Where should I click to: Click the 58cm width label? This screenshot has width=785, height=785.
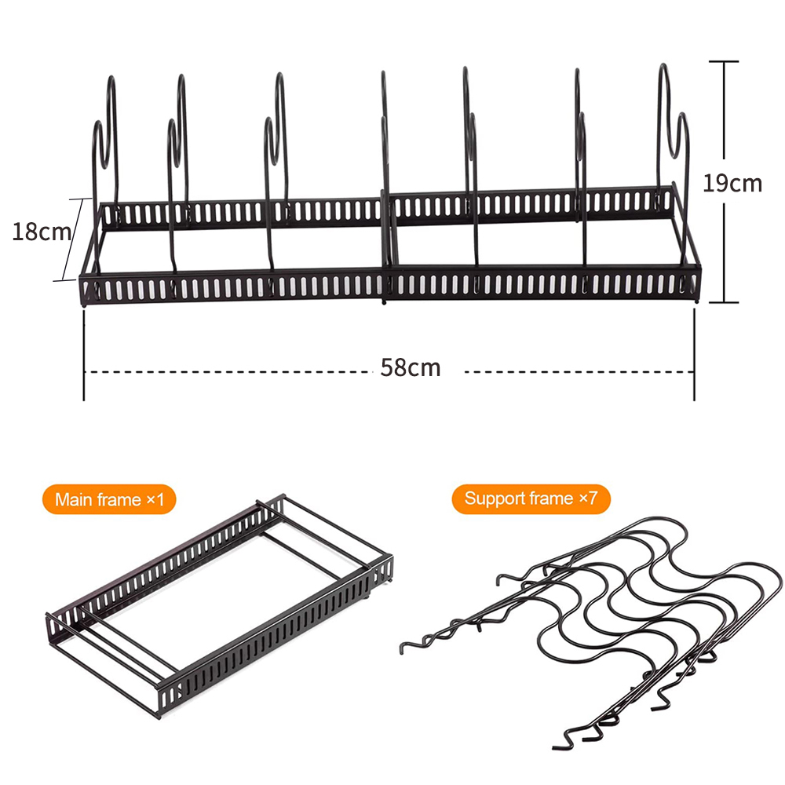click(410, 368)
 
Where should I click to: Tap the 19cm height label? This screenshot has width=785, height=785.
click(732, 183)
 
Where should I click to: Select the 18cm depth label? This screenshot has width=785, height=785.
click(42, 232)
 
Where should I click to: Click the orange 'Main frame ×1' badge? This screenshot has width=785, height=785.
click(109, 499)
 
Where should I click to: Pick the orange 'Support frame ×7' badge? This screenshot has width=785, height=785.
click(531, 498)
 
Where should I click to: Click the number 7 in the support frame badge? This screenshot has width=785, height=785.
click(593, 498)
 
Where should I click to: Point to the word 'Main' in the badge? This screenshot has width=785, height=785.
click(73, 499)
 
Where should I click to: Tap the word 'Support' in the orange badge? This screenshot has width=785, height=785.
click(495, 499)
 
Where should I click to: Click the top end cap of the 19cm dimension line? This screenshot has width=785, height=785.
click(724, 61)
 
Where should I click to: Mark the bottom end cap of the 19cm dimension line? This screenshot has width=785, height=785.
click(724, 302)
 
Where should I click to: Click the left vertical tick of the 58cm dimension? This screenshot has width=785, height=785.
click(84, 355)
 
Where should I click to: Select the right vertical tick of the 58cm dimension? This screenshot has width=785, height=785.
click(695, 355)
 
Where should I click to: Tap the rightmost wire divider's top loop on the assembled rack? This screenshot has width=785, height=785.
click(664, 70)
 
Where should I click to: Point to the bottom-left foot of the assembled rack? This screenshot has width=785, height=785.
click(84, 303)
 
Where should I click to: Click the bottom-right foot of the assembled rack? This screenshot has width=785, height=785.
click(697, 301)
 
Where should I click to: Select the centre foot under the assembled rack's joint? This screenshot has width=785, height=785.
click(384, 302)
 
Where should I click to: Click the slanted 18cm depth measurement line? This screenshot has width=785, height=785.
click(72, 239)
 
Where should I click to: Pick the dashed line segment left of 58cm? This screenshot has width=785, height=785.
click(228, 372)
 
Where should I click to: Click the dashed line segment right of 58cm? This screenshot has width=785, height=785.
click(579, 372)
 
